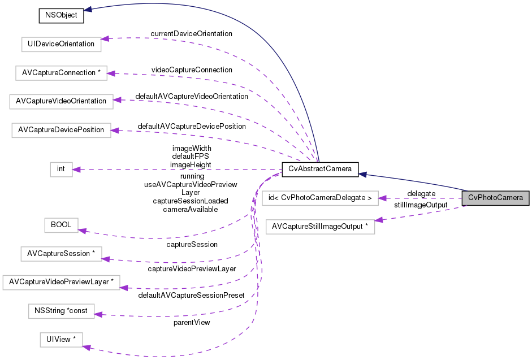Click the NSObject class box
tap(61, 15)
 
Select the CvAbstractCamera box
tap(319, 169)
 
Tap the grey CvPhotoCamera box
tap(495, 198)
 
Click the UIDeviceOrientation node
tap(60, 44)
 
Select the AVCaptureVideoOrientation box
tap(61, 101)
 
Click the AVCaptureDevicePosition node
tap(61, 130)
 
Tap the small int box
tap(61, 169)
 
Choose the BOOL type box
tap(61, 225)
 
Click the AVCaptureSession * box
tap(60, 254)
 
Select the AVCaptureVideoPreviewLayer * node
tap(61, 282)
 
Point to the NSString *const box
tap(61, 311)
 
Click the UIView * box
tap(61, 340)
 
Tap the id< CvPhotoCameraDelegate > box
tap(320, 198)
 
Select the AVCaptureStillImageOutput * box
tap(320, 227)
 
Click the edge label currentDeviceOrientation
tap(191, 34)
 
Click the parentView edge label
tap(192, 323)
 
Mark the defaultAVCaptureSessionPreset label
tap(192, 296)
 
